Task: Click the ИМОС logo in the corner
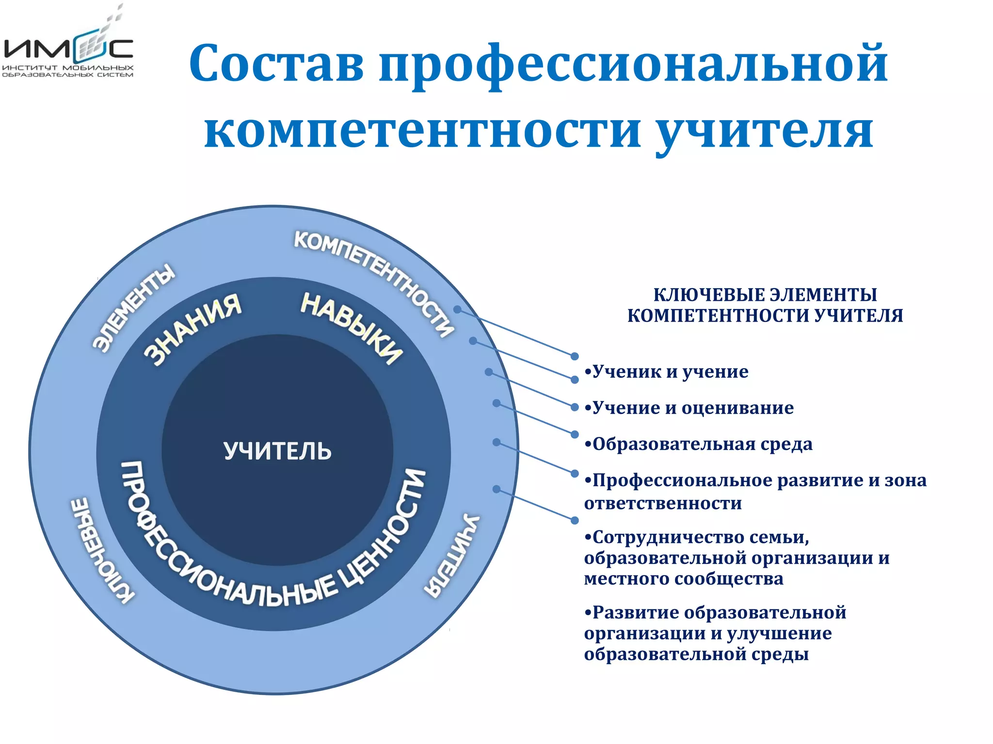click(68, 51)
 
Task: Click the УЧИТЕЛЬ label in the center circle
click(277, 451)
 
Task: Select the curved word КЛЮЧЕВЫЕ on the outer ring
click(99, 550)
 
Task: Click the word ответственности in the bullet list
click(663, 504)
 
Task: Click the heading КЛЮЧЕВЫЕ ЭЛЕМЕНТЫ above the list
click(765, 294)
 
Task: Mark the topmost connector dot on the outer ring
click(457, 309)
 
